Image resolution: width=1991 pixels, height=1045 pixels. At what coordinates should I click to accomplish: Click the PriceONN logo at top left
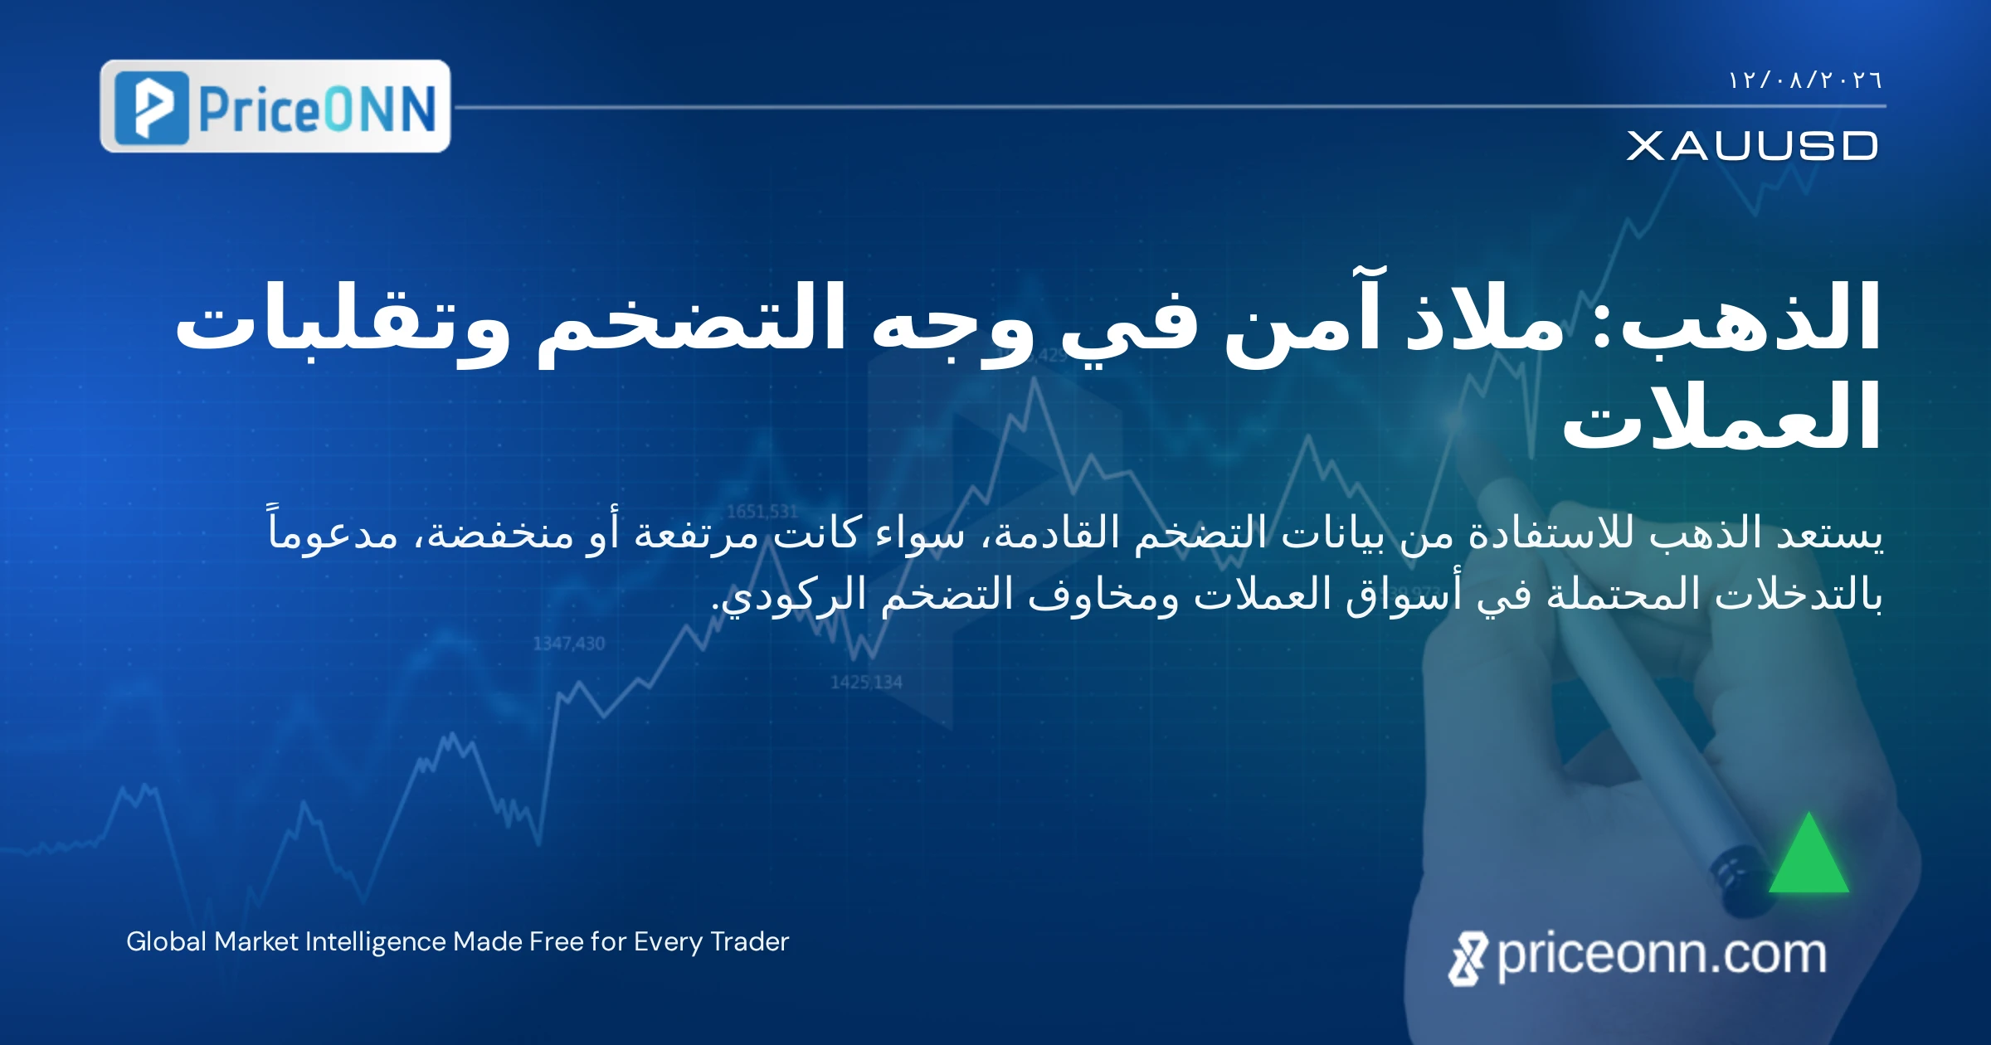(x=275, y=106)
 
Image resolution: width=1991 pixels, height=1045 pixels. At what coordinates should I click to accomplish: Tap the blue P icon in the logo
(x=152, y=107)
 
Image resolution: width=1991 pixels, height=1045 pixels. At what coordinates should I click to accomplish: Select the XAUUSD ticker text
(x=1752, y=146)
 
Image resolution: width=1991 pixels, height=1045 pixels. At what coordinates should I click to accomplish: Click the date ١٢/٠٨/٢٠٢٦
(x=1805, y=80)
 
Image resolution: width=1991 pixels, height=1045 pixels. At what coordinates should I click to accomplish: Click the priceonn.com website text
(x=1662, y=955)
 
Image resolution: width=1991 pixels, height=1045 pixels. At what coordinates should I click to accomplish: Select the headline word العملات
(x=1721, y=415)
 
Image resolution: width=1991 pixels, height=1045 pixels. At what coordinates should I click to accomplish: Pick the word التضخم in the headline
(x=692, y=319)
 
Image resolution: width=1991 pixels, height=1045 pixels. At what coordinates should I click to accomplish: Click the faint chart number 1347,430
(x=569, y=644)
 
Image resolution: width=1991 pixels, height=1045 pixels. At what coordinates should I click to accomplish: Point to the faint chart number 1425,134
(x=866, y=683)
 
